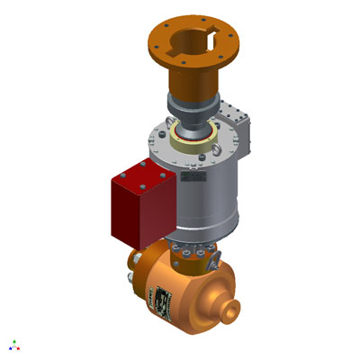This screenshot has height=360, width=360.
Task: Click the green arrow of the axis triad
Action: (13, 342)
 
